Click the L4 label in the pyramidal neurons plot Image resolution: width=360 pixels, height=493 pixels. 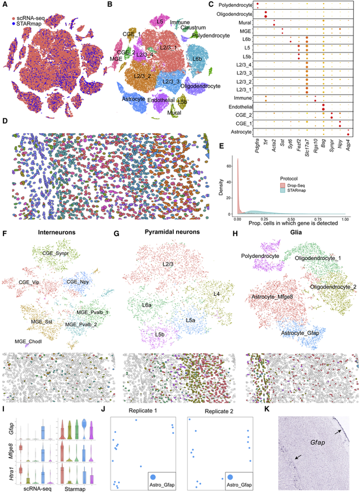pos(216,294)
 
